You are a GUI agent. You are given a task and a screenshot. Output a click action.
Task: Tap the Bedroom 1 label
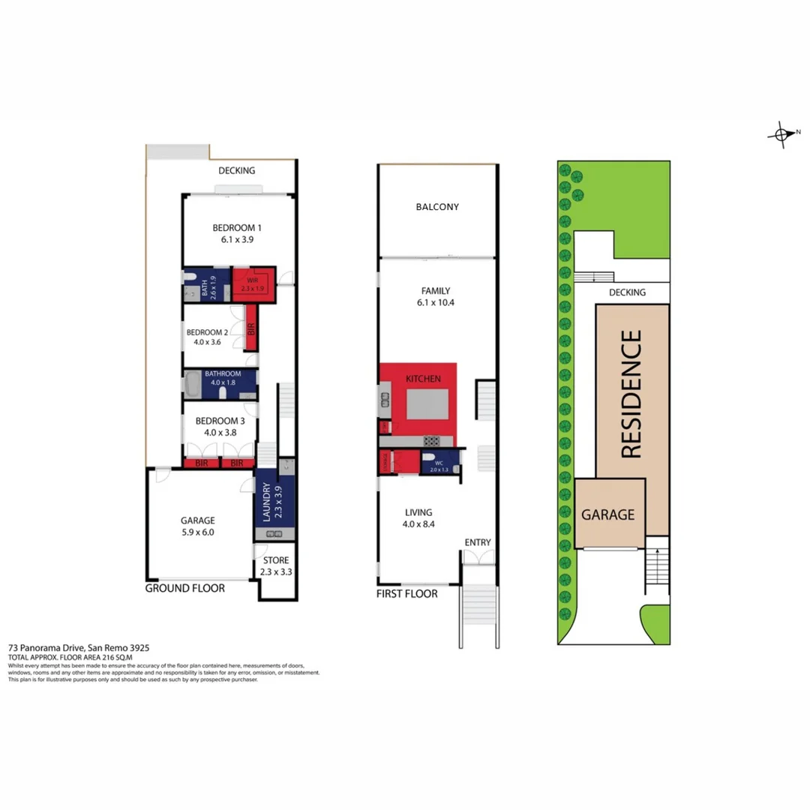(x=236, y=227)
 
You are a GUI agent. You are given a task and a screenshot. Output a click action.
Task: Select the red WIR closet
(x=253, y=284)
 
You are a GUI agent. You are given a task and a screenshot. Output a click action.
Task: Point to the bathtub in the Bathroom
(x=192, y=386)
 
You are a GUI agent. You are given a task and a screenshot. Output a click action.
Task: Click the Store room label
(x=275, y=560)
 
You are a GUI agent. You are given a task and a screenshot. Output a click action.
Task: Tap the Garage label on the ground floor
(x=197, y=520)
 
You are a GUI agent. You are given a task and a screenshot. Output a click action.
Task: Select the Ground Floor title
(x=184, y=589)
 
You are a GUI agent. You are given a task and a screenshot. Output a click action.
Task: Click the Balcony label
(x=437, y=207)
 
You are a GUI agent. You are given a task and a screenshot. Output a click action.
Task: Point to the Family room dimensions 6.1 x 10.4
(x=436, y=304)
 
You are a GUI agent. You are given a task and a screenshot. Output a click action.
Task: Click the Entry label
(x=477, y=542)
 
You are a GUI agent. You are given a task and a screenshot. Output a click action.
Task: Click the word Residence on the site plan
(x=631, y=394)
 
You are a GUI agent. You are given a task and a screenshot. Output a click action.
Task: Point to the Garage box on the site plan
(x=608, y=515)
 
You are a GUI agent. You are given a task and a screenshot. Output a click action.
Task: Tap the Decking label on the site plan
(x=627, y=292)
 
